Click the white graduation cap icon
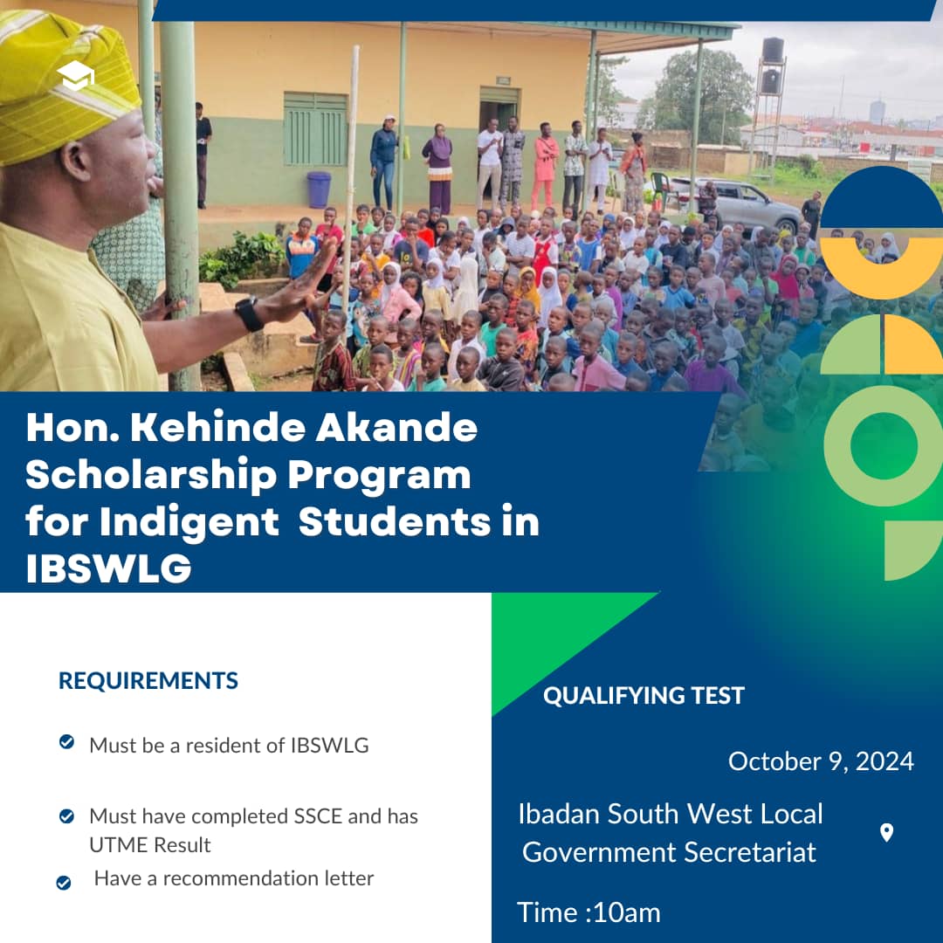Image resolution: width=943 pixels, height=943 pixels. pos(75,75)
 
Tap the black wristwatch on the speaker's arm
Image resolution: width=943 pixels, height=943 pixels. pos(249,313)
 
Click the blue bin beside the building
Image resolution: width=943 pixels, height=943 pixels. pos(319,189)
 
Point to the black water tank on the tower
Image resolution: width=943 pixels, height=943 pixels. pos(772,51)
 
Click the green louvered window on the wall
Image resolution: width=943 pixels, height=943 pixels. pos(315,128)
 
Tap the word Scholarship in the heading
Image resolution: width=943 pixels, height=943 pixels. pos(151,475)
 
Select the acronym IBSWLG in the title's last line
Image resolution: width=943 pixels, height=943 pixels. pos(109,568)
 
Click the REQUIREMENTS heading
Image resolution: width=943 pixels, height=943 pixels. pos(148,681)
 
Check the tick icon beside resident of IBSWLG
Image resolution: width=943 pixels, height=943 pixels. pos(66,742)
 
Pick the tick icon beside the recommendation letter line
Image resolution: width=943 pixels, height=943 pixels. pos(63,883)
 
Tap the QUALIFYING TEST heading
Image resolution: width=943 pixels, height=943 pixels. pos(644,696)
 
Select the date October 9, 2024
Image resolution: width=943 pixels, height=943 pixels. pos(821,761)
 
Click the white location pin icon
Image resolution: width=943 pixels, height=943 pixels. pos(886,833)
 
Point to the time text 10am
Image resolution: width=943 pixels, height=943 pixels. pos(626,913)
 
